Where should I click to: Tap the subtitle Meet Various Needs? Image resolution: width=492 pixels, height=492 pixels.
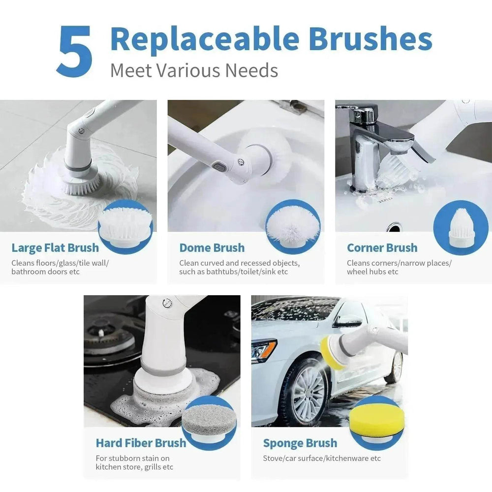click(194, 70)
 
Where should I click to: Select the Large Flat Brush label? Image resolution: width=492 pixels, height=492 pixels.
click(55, 248)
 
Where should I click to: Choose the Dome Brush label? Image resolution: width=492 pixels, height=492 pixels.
click(212, 248)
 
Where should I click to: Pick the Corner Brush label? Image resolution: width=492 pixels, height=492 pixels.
click(382, 248)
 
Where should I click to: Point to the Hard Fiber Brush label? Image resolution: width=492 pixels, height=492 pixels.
click(141, 443)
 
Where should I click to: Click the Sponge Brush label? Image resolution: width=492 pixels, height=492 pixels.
click(300, 443)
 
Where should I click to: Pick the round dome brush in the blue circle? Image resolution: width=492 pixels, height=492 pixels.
click(293, 225)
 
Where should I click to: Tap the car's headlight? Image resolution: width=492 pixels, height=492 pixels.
click(264, 350)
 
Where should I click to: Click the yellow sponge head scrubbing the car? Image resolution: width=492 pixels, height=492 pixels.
click(328, 350)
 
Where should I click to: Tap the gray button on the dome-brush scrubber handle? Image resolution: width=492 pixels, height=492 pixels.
click(218, 169)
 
